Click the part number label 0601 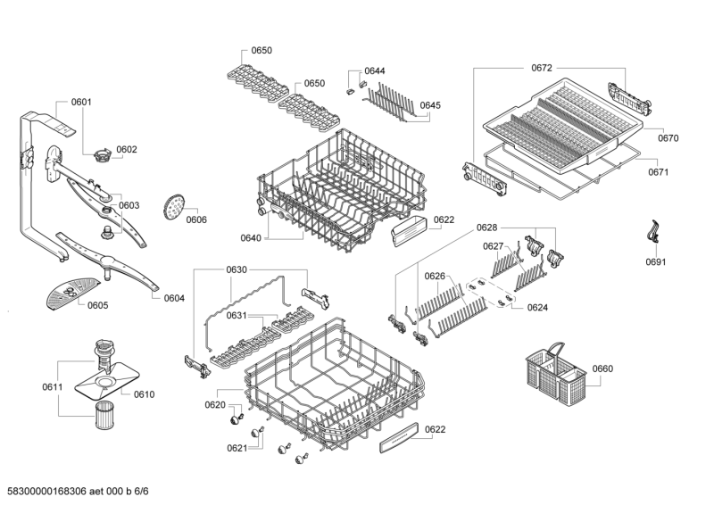81,103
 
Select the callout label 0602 127,149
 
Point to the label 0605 98,305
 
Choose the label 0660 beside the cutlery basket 603,368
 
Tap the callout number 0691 656,262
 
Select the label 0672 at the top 542,68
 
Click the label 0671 659,172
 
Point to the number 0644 375,70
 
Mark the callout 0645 430,105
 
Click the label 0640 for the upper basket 251,238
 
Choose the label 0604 174,298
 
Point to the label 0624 537,308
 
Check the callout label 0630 237,269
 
